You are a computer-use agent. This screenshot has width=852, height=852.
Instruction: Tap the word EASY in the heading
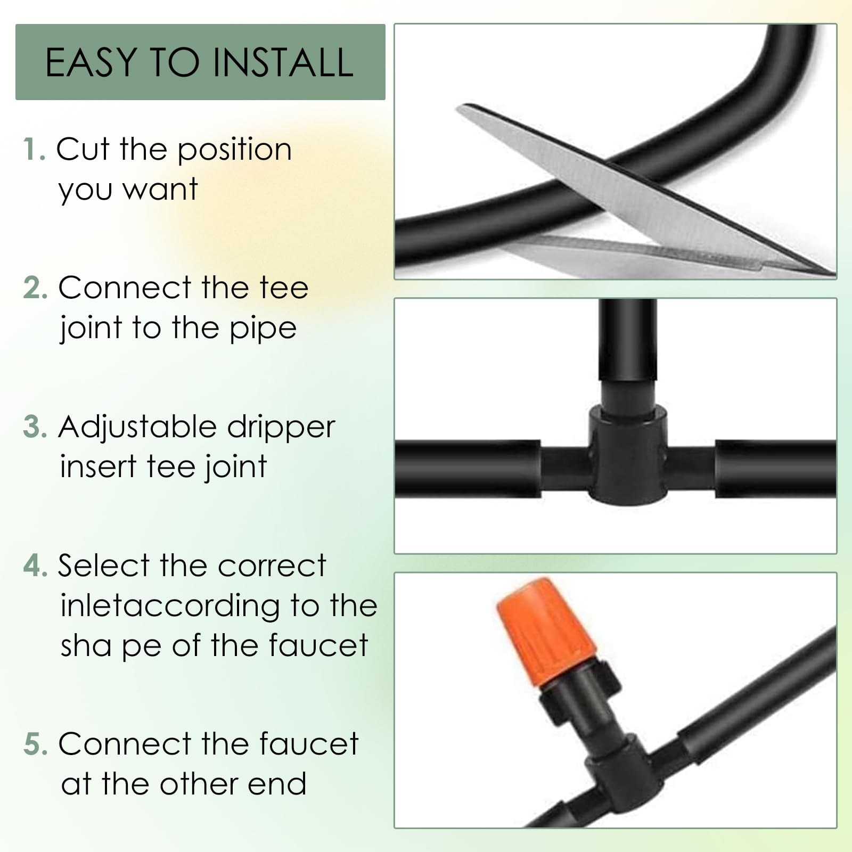coord(92,62)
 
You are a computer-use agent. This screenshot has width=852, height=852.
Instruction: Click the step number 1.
coord(34,149)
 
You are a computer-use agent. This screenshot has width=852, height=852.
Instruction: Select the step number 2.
coord(36,288)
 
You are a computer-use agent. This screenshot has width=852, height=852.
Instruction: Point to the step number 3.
coord(36,427)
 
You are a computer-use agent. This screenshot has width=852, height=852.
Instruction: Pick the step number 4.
coord(36,566)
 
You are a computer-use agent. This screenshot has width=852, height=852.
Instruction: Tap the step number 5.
coord(36,744)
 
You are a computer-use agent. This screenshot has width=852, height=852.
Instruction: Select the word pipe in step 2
coord(263,329)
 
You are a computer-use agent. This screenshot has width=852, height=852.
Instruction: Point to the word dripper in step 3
coord(281,428)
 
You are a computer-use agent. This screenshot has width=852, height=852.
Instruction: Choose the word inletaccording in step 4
coord(170,607)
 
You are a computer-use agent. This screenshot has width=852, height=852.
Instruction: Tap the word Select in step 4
coord(103,566)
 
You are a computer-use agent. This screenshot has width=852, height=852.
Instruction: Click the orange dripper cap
coord(545,631)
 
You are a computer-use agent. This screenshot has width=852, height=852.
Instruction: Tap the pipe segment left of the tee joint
coord(468,469)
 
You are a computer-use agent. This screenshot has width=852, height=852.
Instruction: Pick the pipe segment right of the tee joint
coord(775,469)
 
